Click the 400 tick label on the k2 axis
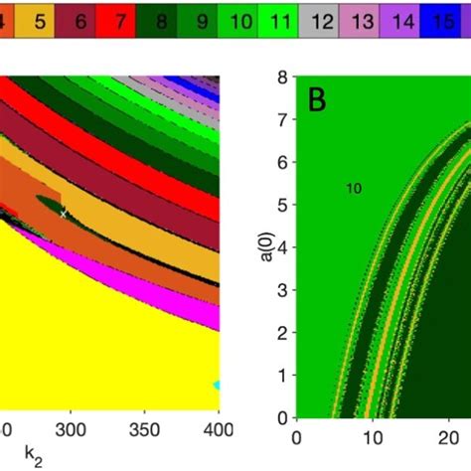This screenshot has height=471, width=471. point(218,429)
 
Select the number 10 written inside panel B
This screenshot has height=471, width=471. point(354,188)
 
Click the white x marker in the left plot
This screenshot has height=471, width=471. point(63,213)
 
